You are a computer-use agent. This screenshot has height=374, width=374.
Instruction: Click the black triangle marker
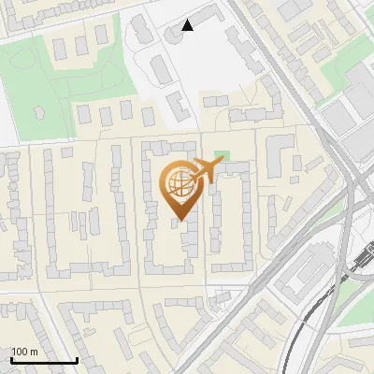click(x=188, y=25)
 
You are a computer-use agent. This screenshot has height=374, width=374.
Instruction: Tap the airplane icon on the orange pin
click(x=205, y=170)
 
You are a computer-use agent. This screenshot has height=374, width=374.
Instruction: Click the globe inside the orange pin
click(x=179, y=184)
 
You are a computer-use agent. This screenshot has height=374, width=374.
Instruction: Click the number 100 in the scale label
click(x=20, y=352)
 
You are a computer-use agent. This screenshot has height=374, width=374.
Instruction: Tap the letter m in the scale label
click(x=34, y=352)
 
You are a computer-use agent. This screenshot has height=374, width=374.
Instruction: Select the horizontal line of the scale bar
click(x=44, y=361)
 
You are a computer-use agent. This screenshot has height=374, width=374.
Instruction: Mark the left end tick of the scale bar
click(x=11, y=359)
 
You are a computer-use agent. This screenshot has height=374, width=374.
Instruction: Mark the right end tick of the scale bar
click(x=77, y=359)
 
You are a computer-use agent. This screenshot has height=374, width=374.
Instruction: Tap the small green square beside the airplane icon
click(x=222, y=155)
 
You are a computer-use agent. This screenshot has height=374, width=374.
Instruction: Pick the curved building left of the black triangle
click(x=174, y=34)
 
